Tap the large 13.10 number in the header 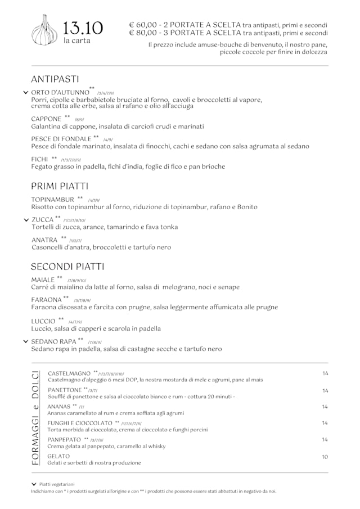83,28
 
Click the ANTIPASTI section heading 55,79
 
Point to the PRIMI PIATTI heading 59,186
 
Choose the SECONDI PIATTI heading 67,266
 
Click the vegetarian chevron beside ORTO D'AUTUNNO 25,92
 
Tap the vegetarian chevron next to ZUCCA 25,220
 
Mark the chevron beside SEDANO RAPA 25,341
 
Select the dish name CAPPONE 46,119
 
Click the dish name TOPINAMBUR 53,199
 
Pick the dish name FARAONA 46,300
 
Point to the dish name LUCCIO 43,321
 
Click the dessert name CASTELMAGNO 69,373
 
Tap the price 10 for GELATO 325,457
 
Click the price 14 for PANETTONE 325,390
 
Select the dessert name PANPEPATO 64,439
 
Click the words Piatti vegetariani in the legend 57,484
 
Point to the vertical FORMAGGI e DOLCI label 35,417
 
